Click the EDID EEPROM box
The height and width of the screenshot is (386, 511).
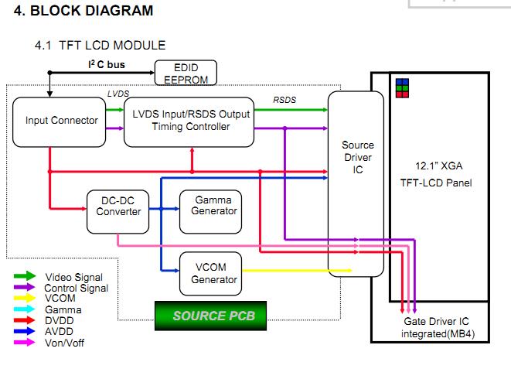pyautogui.click(x=186, y=73)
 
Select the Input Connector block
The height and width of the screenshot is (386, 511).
pyautogui.click(x=59, y=122)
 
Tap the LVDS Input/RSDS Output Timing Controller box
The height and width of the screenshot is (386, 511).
pyautogui.click(x=189, y=122)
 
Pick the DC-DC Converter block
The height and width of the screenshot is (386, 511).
pyautogui.click(x=118, y=212)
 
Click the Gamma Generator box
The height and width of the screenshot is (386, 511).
pyautogui.click(x=211, y=212)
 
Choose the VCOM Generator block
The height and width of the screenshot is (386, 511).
pyautogui.click(x=211, y=274)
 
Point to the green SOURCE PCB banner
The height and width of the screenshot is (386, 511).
pyautogui.click(x=210, y=316)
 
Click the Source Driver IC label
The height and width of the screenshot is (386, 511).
pyautogui.click(x=358, y=157)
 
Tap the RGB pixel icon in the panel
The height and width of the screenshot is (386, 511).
pyautogui.click(x=402, y=88)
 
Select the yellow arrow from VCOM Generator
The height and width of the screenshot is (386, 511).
pyautogui.click(x=297, y=270)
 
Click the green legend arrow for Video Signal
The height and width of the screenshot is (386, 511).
pyautogui.click(x=25, y=276)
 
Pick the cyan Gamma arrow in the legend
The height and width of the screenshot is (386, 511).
pyautogui.click(x=25, y=309)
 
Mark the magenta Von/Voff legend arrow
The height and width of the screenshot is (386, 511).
pyautogui.click(x=25, y=343)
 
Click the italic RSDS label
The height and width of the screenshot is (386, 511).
pyautogui.click(x=284, y=100)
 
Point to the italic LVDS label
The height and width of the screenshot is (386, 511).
pyautogui.click(x=118, y=94)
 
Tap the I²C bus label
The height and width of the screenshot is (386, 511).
pyautogui.click(x=107, y=64)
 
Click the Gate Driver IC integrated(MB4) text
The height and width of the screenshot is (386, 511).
pyautogui.click(x=437, y=328)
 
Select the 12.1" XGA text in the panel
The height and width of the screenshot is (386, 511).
pyautogui.click(x=438, y=166)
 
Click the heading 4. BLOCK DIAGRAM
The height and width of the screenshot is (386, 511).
pyautogui.click(x=83, y=10)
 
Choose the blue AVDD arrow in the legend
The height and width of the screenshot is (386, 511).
pyautogui.click(x=25, y=331)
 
